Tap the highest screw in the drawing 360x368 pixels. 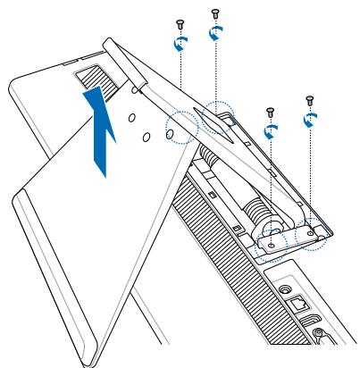(213, 13)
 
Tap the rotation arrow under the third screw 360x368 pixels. (271, 130)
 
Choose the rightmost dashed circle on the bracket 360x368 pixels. (313, 233)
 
